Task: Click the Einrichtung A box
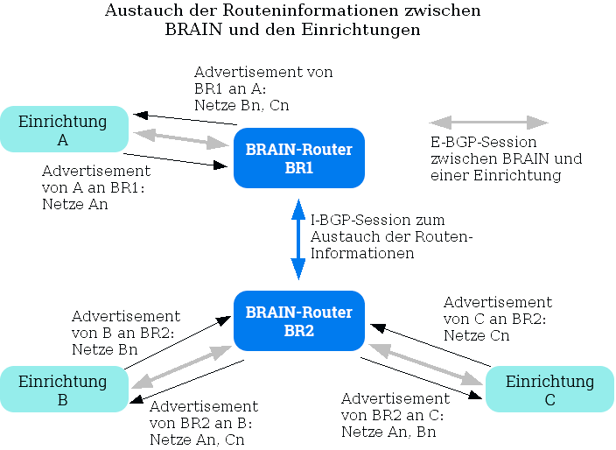coord(64,130)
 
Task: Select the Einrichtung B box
coord(64,390)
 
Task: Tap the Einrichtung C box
coord(549,390)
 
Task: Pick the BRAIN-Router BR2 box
coord(298,321)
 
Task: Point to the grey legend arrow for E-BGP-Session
coord(488,123)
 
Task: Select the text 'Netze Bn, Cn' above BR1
coord(241,105)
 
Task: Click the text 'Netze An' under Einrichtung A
coord(75,204)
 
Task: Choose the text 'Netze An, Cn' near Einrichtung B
coord(197,439)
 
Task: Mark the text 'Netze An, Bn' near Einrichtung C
coord(388,432)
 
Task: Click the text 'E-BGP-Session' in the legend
coord(483,142)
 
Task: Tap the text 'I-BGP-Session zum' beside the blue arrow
coord(378,220)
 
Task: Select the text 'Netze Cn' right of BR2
coord(476,335)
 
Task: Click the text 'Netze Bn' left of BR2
coord(104,349)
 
